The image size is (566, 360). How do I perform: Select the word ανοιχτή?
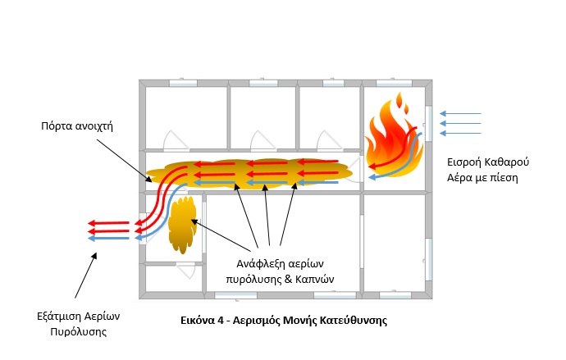coord(97,127)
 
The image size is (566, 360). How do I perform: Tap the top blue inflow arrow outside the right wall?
coord(460,114)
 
